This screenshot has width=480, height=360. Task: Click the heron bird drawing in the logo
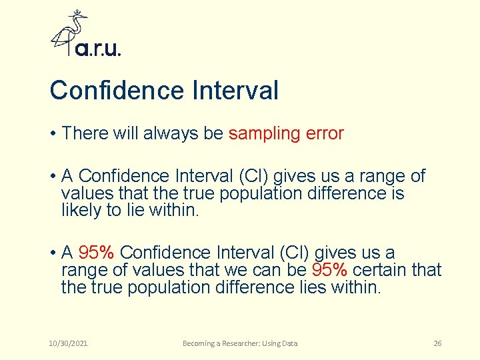[x=70, y=32]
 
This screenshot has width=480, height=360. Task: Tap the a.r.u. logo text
[x=98, y=49]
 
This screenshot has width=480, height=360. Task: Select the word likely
[x=80, y=210]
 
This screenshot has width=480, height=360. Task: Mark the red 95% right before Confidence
[x=97, y=253]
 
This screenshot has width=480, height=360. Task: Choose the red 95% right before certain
[x=329, y=270]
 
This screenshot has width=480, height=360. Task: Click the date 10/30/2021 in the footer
[x=69, y=343]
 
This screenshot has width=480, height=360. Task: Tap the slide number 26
[x=437, y=343]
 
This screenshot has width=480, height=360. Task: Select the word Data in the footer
[x=289, y=343]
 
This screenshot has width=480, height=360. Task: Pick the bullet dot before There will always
[x=52, y=133]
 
